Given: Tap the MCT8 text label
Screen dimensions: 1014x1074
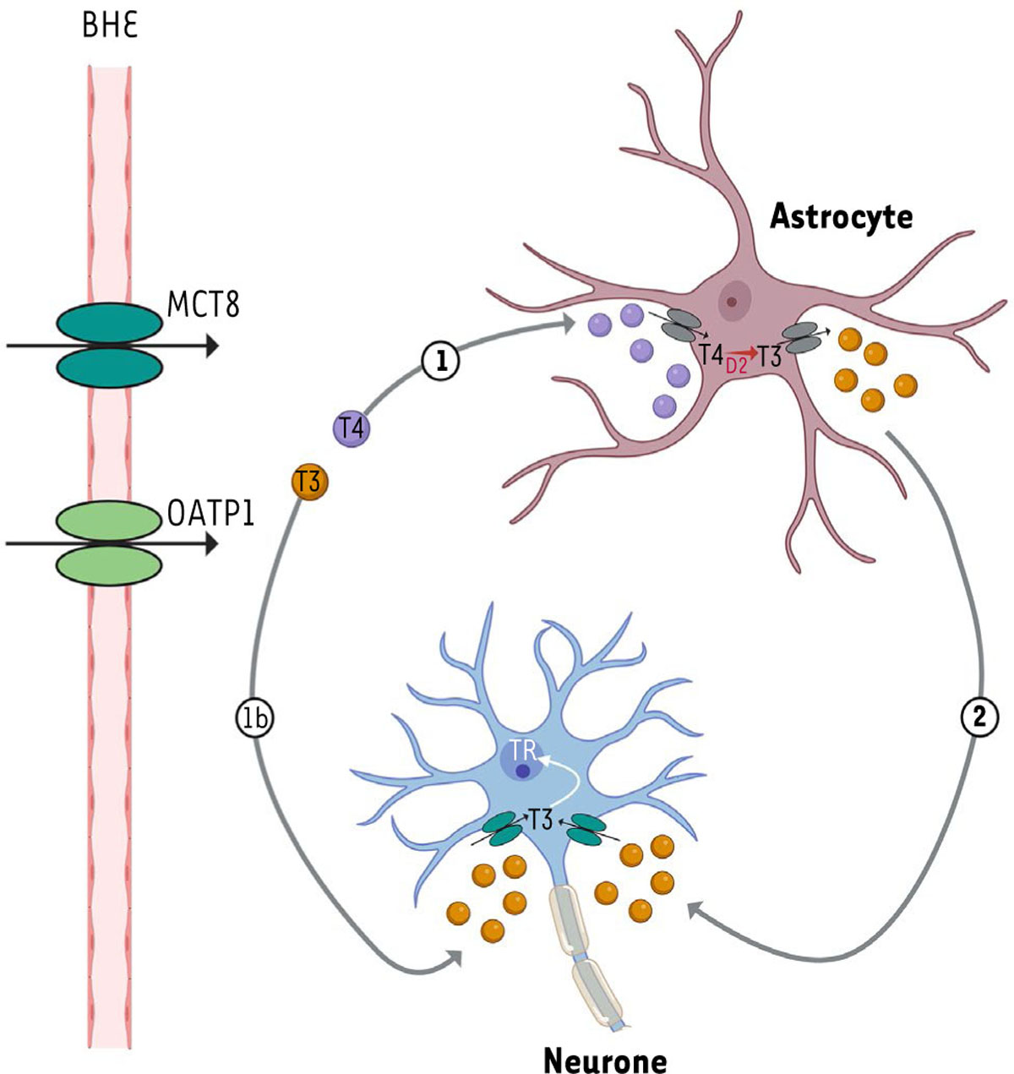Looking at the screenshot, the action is tap(204, 305).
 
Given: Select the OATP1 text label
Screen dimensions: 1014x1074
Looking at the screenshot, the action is tap(210, 515).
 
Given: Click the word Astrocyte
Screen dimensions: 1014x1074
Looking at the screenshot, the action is tap(841, 217).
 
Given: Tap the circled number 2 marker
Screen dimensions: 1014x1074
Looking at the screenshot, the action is tap(979, 718).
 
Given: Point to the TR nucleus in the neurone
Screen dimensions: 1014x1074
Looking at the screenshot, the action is tap(522, 761).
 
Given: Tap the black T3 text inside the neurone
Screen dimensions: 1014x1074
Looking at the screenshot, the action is tap(539, 820).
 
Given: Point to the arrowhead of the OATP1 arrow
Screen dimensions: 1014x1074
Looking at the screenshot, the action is tap(211, 543).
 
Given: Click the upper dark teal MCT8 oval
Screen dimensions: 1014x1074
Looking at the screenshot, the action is tap(109, 323).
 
